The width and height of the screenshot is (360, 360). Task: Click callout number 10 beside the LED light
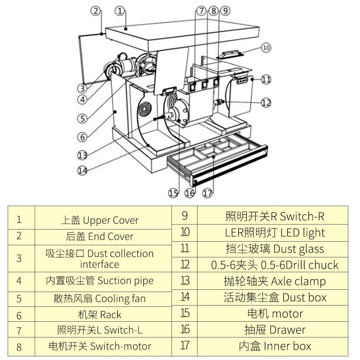pyautogui.click(x=266, y=48)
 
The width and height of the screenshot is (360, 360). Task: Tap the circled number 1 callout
pyautogui.click(x=120, y=11)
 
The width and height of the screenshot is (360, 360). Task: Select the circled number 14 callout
pyautogui.click(x=82, y=171)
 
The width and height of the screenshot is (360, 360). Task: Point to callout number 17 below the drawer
pyautogui.click(x=207, y=193)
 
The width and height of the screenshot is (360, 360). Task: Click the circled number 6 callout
pyautogui.click(x=82, y=137)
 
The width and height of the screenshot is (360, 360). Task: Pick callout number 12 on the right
pyautogui.click(x=266, y=103)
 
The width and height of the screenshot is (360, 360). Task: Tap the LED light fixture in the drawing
pyautogui.click(x=229, y=54)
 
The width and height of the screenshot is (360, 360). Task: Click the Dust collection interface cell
pyautogui.click(x=103, y=258)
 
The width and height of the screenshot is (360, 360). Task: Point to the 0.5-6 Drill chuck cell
pyautogui.click(x=273, y=265)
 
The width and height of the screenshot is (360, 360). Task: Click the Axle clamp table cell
pyautogui.click(x=273, y=281)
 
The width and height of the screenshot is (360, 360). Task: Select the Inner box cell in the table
pyautogui.click(x=273, y=346)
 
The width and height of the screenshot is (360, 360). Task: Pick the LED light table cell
pyautogui.click(x=273, y=233)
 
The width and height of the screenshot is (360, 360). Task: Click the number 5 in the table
pyautogui.click(x=19, y=299)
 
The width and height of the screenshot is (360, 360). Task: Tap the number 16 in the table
pyautogui.click(x=185, y=329)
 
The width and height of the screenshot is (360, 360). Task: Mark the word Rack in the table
pyautogui.click(x=111, y=315)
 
